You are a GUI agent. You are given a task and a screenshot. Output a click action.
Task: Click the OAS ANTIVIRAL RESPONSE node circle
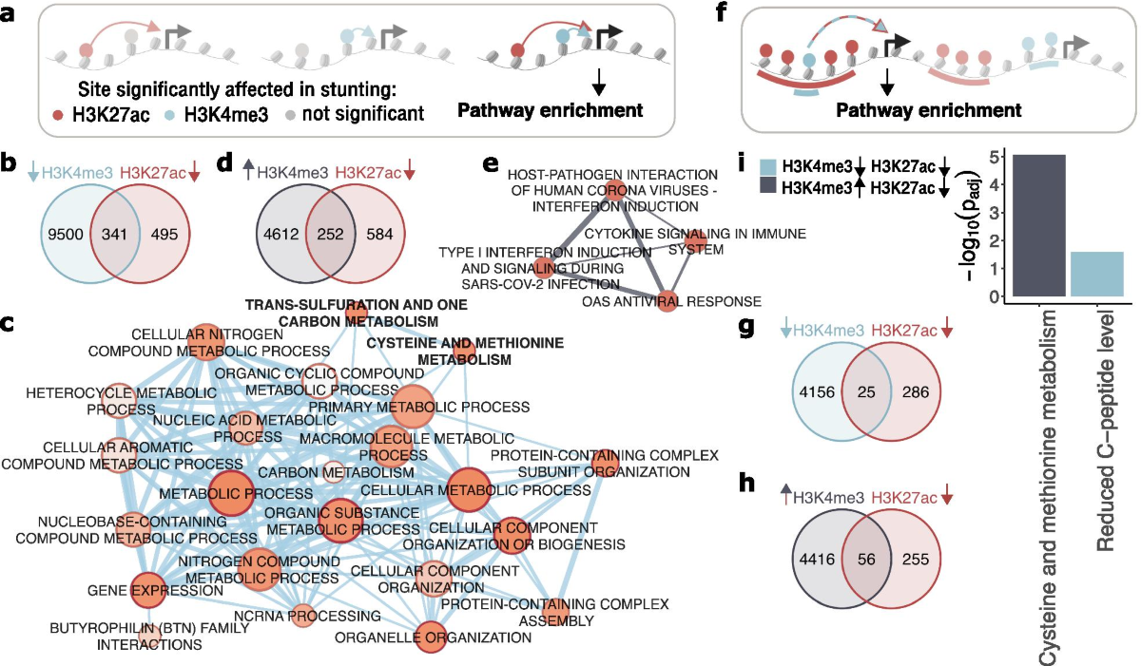(x=667, y=302)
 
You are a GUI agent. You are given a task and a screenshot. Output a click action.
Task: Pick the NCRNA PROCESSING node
(x=302, y=616)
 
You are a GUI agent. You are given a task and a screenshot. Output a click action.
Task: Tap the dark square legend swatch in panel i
(x=767, y=188)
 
